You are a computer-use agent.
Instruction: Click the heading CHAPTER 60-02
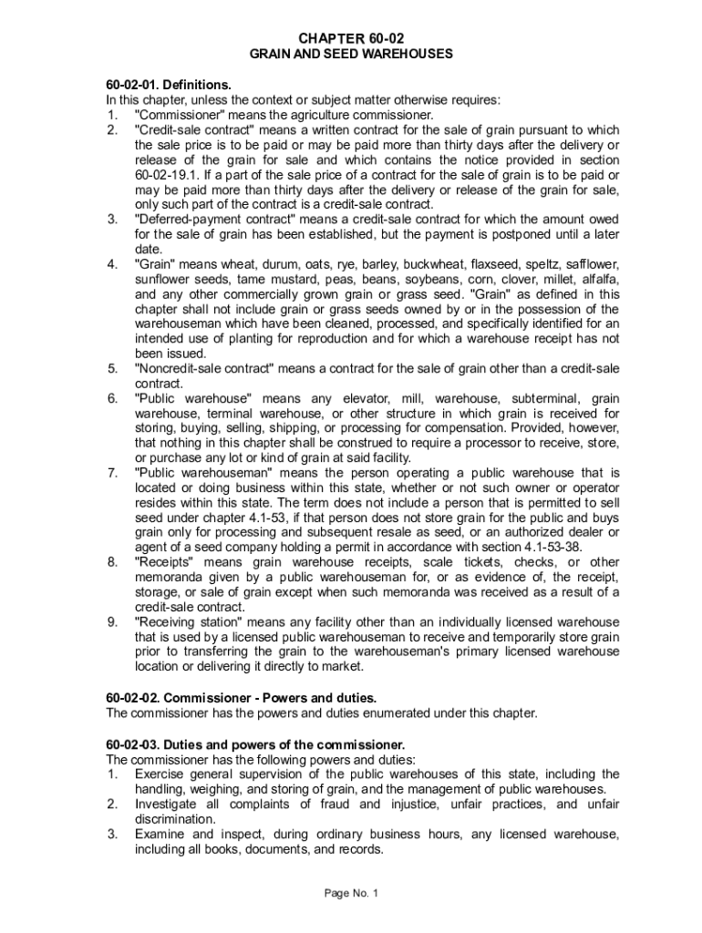coord(351,38)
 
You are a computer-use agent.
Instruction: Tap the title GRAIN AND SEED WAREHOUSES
coord(351,55)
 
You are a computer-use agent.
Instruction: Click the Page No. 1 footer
coord(351,893)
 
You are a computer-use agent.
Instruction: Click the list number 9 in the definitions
coord(111,621)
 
